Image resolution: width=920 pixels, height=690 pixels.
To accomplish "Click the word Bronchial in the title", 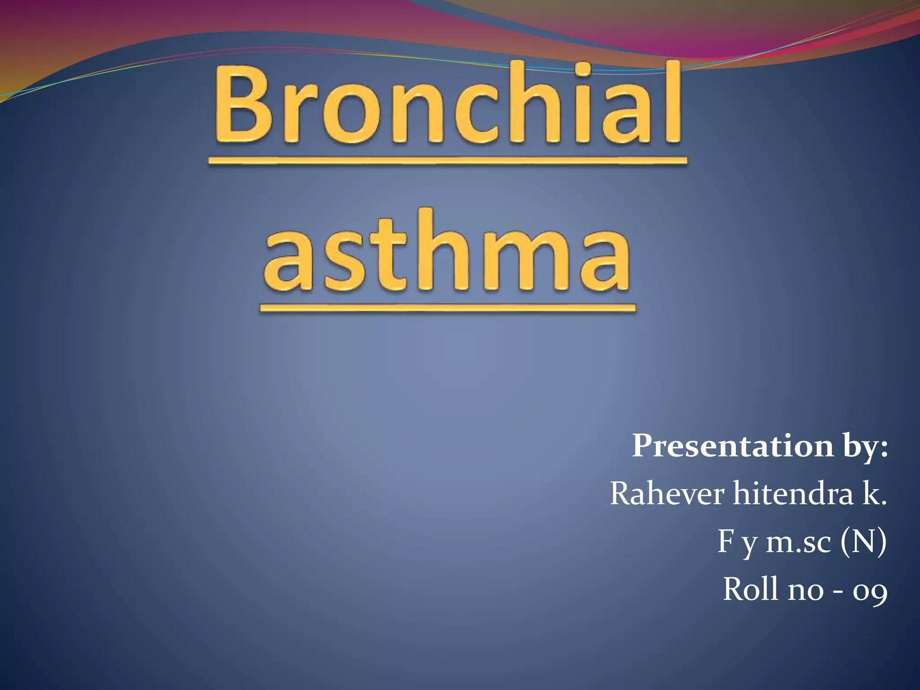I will [x=447, y=106].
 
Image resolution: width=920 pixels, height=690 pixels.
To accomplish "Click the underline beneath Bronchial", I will [x=447, y=160].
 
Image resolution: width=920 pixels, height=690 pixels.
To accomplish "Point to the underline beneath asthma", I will [x=447, y=308].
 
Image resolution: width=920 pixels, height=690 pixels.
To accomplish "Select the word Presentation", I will [x=732, y=446].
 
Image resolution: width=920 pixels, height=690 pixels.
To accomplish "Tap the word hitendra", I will [x=793, y=493].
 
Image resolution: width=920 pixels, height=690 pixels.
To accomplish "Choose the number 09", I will [x=870, y=591].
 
